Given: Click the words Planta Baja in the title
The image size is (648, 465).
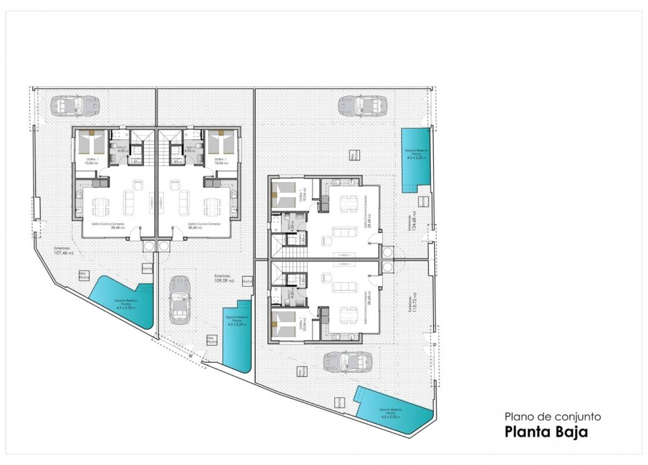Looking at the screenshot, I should click(x=546, y=432).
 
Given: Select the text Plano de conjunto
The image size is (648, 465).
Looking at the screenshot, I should click(x=552, y=417).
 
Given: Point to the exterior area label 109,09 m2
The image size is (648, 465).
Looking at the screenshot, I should click(x=224, y=279).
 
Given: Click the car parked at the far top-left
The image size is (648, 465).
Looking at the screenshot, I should click(x=74, y=104).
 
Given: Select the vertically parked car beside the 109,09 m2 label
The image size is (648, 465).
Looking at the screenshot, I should click(x=179, y=301).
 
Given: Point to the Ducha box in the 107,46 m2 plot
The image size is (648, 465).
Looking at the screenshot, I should click(x=147, y=269).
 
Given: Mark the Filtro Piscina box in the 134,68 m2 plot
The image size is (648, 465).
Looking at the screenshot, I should click(x=354, y=155).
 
